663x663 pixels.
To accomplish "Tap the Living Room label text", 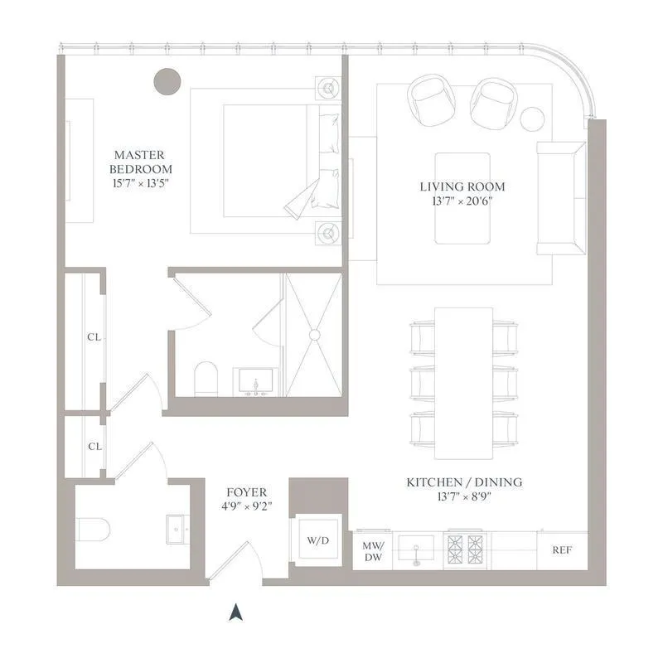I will coord(462,193).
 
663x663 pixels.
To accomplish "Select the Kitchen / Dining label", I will coord(463,489).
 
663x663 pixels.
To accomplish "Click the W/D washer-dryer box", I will coord(317,541).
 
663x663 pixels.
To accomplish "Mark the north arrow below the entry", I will coord(236,612).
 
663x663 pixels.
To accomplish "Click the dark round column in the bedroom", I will coord(167,80).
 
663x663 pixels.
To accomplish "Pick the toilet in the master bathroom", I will coord(205,380).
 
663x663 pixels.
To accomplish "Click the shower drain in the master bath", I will coord(314,335).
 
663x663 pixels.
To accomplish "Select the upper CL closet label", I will coord(94,337).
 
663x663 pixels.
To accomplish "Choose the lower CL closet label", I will coord(94,446).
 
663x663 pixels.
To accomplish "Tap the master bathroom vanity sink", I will coord(255,384).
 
